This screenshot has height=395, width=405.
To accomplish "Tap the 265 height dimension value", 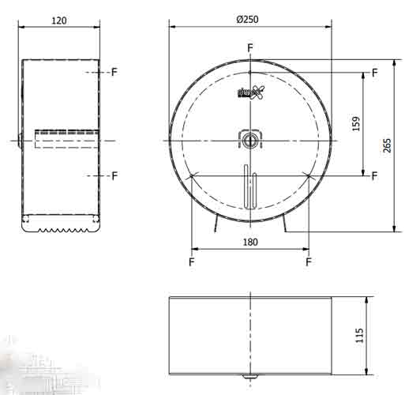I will [386, 145].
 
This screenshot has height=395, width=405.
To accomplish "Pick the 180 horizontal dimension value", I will [249, 243].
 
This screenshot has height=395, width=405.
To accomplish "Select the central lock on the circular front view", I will [249, 139].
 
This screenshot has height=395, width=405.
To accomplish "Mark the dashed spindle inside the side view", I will [66, 140].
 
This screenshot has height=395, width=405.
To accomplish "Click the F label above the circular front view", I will [250, 48].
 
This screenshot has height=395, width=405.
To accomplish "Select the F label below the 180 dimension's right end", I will [308, 261].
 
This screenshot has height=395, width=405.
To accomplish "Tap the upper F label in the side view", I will [114, 72].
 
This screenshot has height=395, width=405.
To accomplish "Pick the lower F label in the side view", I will [114, 175].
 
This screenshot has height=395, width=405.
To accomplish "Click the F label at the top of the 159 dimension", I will [374, 72].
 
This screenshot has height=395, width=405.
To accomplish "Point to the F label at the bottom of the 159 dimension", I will [374, 175].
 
